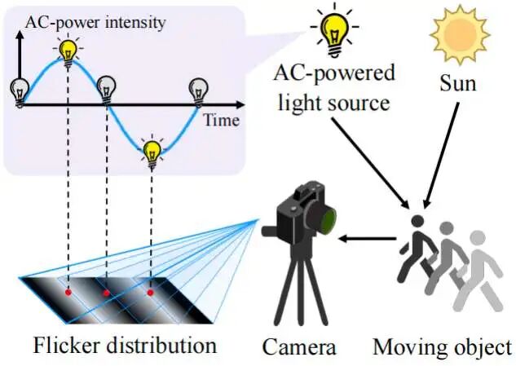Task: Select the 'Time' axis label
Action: [x=220, y=121]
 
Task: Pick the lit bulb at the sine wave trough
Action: [x=152, y=151]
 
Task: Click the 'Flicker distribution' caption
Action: [x=125, y=345]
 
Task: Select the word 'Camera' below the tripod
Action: [x=298, y=347]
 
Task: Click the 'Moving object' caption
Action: [x=442, y=347]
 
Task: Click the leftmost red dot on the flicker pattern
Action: [x=68, y=290]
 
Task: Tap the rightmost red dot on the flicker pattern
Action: [x=151, y=291]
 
